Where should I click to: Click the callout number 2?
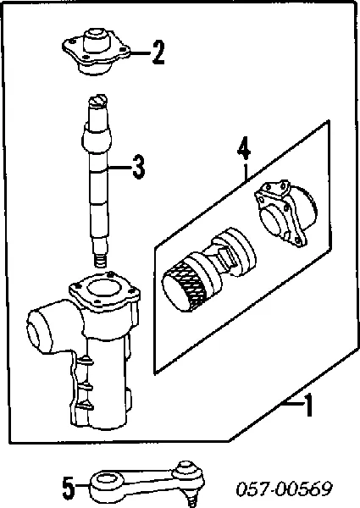[x=158, y=52]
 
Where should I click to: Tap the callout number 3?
[x=139, y=167]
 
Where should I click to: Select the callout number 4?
[x=243, y=148]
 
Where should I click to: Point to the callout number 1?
[x=309, y=405]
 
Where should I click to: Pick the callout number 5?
[x=69, y=486]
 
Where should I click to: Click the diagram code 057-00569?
[x=284, y=489]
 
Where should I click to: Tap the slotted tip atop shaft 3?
[x=97, y=101]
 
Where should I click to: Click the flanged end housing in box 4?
[x=285, y=213]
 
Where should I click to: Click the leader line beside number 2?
[x=140, y=52]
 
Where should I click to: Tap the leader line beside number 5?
[x=82, y=485]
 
